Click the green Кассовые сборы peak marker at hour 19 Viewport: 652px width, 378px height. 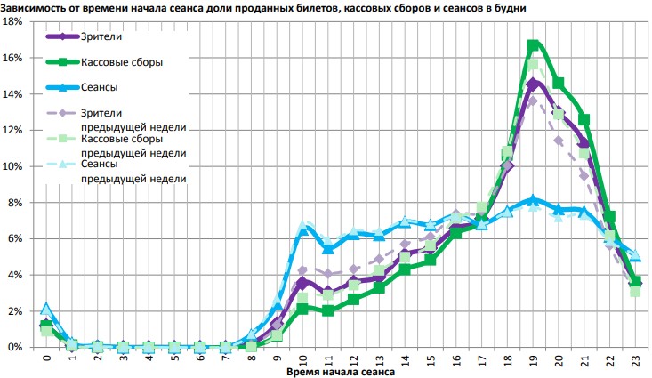pos(533,45)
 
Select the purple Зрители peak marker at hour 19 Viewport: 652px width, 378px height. pos(533,84)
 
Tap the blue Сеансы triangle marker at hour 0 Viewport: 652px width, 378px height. pos(46,309)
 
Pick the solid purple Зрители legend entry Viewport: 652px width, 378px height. pos(99,37)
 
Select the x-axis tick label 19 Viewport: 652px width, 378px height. pos(533,360)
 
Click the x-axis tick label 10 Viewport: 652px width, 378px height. pos(302,360)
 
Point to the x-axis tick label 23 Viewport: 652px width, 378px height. pos(635,360)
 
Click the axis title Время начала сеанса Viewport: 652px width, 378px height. pos(341,372)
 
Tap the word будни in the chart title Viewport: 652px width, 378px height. pos(509,7)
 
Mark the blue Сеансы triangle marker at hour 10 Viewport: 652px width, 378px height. pos(302,230)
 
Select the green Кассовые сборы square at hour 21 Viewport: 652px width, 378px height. pos(584,119)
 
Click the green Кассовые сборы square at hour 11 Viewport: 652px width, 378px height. pos(328,310)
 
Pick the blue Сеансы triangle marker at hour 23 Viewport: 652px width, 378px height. pos(635,256)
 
